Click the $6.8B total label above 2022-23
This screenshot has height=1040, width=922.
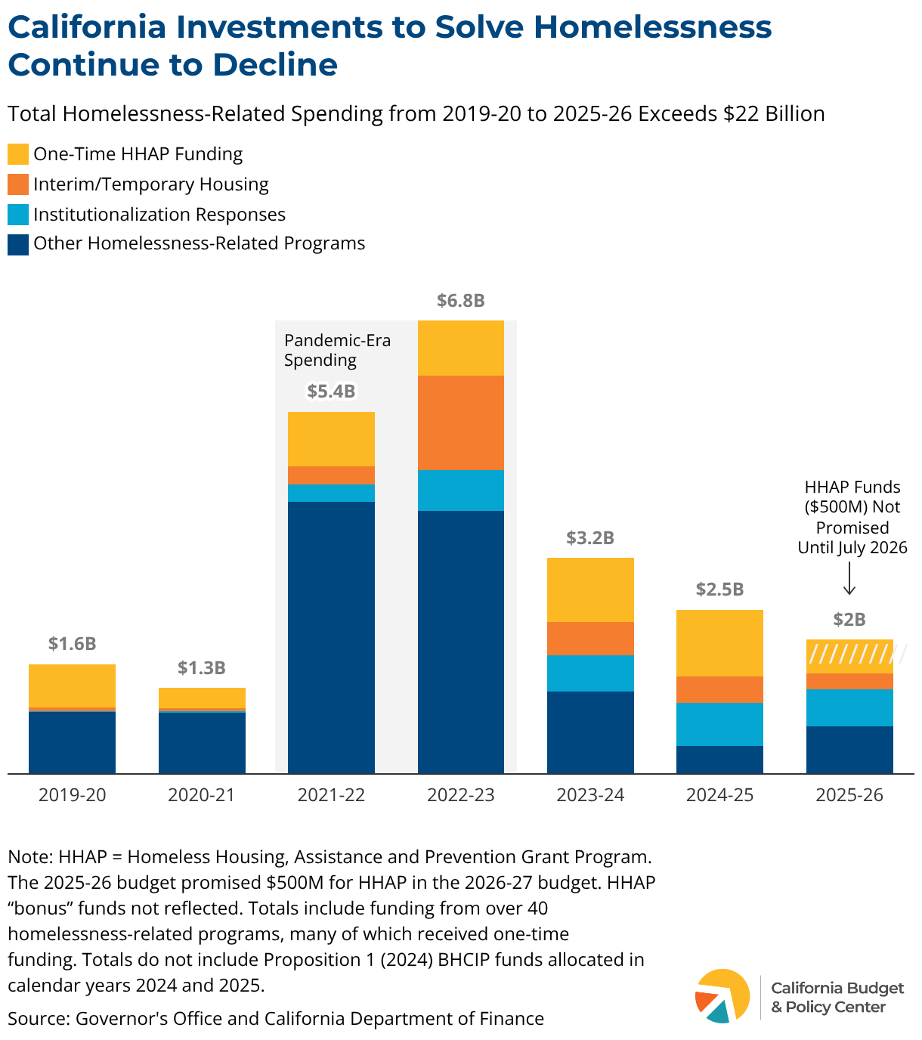point(460,301)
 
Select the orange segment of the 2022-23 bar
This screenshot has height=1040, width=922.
point(461,422)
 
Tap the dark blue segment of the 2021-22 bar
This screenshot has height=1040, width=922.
point(331,637)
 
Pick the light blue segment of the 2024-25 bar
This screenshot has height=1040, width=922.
point(719,724)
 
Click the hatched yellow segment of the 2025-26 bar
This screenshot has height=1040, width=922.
point(849,656)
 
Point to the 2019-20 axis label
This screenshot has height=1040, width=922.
point(73,795)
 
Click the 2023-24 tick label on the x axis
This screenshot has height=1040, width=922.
point(590,795)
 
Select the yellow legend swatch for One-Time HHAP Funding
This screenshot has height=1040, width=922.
point(18,154)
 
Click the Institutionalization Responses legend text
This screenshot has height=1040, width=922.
point(159,215)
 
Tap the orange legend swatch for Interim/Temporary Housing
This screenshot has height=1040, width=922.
point(18,184)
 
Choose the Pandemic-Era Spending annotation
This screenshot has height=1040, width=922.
point(337,350)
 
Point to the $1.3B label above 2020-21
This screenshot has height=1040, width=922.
point(202,668)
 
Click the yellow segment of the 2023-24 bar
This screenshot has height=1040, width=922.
point(590,590)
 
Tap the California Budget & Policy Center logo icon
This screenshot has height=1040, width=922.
point(722,996)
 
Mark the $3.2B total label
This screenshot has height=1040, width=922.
point(590,538)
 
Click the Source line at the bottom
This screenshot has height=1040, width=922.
point(276,1019)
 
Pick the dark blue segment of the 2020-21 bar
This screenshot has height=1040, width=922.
point(202,742)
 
